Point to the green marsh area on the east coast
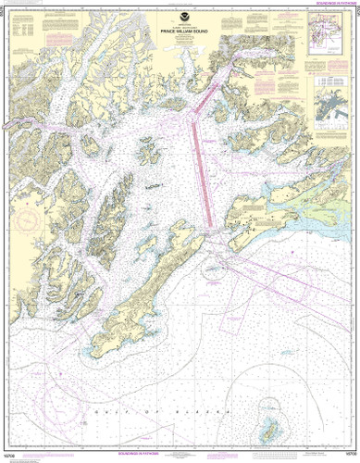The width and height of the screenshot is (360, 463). [305, 199]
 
